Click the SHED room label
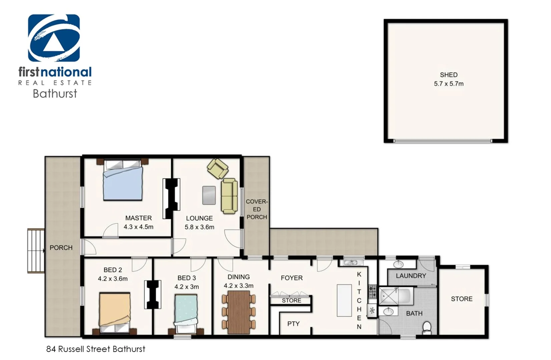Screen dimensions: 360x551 click(x=448, y=75)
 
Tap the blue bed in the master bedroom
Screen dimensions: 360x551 click(x=123, y=182)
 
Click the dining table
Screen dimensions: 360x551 click(x=238, y=312)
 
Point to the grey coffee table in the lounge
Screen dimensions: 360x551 click(x=209, y=195)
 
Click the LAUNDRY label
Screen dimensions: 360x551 click(x=411, y=276)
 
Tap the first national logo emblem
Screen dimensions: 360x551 click(x=54, y=38)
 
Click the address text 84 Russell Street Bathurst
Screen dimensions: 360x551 click(x=96, y=349)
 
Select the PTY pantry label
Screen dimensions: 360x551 click(x=293, y=324)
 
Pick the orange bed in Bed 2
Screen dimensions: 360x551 click(x=115, y=310)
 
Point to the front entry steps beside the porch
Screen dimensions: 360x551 click(x=36, y=251)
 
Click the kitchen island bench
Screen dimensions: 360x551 click(x=344, y=300)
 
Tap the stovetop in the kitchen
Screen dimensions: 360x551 click(x=372, y=292)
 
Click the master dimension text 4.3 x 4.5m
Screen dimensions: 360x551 click(x=138, y=227)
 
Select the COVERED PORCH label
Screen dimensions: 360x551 click(x=256, y=209)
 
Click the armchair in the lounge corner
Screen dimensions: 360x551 click(x=217, y=168)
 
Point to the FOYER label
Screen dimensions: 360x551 click(x=292, y=278)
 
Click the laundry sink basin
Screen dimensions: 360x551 click(x=398, y=265)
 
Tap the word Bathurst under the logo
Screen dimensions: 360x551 click(x=55, y=93)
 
